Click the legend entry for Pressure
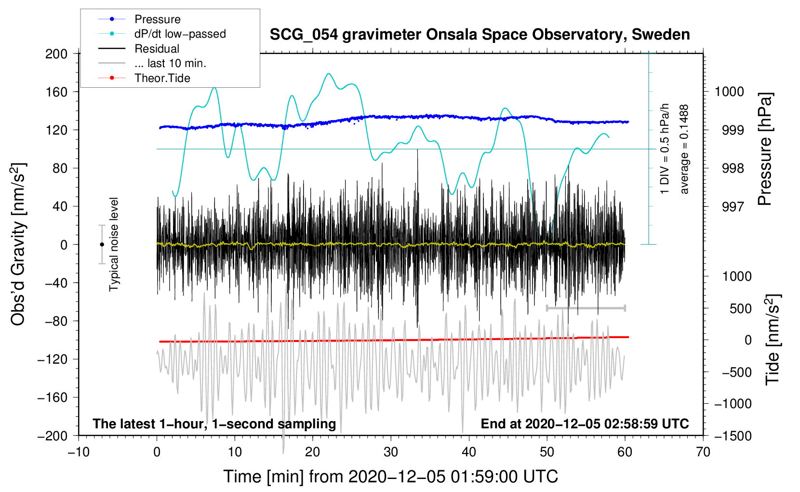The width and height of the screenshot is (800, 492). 157,19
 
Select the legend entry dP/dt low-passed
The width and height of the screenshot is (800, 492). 180,34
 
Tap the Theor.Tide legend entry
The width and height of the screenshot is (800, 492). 162,78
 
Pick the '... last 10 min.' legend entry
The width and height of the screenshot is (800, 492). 170,63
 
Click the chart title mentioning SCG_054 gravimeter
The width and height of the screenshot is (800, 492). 480,35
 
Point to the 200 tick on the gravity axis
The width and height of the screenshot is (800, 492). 56,54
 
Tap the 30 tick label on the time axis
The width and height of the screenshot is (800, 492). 391,452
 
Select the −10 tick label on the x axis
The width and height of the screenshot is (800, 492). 79,452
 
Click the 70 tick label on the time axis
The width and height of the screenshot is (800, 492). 703,452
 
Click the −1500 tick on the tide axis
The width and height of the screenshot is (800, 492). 733,436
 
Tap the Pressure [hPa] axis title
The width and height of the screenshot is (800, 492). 765,149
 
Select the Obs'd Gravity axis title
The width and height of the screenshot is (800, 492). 18,244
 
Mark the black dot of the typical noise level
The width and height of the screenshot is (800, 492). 102,245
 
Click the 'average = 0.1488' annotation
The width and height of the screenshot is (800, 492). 684,149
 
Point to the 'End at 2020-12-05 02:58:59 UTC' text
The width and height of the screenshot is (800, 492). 585,424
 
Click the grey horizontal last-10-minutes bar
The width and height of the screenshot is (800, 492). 586,308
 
